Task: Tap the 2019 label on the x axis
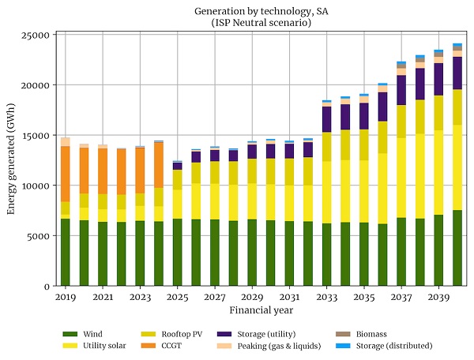pyautogui.click(x=65, y=297)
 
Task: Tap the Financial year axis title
pyautogui.click(x=252, y=310)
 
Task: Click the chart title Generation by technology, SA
pyautogui.click(x=252, y=11)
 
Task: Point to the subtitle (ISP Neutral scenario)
pyautogui.click(x=252, y=23)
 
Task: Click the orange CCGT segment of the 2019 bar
pyautogui.click(x=65, y=174)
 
